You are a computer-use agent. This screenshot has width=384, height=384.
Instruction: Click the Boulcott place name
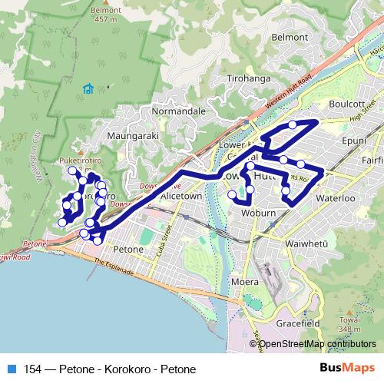pos(340,104)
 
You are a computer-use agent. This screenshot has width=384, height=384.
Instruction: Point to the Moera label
pos(246,283)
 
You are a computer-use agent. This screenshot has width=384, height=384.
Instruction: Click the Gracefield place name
pos(299,324)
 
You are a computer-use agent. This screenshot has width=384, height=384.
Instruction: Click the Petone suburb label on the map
pos(127,250)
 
